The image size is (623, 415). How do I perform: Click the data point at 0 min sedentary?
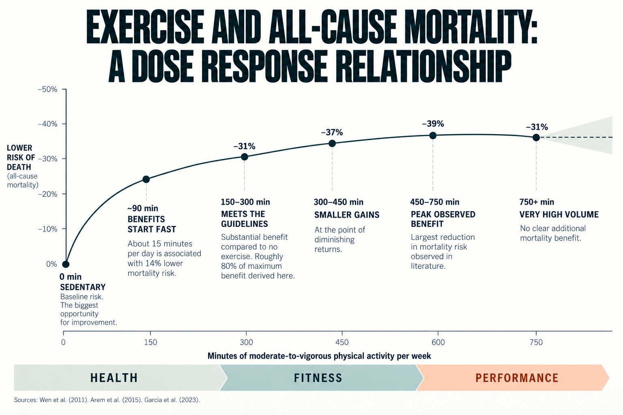[x=66, y=264]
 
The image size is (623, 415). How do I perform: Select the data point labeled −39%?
[x=433, y=136]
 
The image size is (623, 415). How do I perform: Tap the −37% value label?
[x=332, y=132]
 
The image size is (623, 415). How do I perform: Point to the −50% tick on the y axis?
[x=47, y=90]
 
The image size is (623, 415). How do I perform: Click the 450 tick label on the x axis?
[x=342, y=342]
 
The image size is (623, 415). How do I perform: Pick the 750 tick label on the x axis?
[x=536, y=342]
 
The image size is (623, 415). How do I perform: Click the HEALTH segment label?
[x=114, y=378]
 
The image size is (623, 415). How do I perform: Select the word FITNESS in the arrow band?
[x=318, y=378]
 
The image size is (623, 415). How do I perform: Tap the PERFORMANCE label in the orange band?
[x=517, y=378]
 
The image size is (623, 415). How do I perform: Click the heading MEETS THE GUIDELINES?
[x=244, y=219]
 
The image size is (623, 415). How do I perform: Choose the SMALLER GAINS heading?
[x=347, y=215]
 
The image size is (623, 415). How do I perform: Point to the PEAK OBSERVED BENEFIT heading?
[x=443, y=219]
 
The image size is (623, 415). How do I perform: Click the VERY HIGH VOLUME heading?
[x=559, y=214]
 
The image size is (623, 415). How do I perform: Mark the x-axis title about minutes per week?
[x=319, y=356]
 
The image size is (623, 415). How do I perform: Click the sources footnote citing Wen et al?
[x=107, y=400]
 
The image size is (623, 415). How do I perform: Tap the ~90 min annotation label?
[x=143, y=208]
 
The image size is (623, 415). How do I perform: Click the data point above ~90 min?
[x=146, y=179]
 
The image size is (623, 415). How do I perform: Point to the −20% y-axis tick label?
[x=47, y=194]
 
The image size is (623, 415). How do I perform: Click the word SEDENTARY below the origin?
[x=83, y=287]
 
